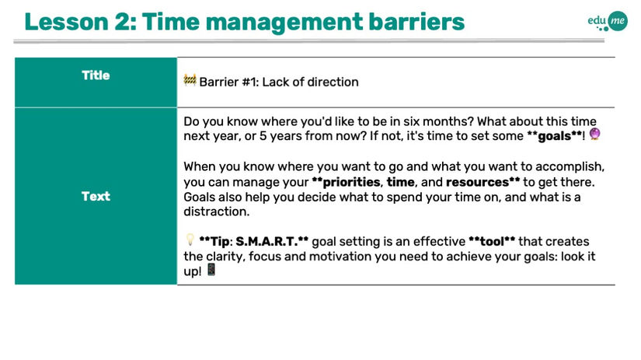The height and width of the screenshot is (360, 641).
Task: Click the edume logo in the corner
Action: click(608, 21)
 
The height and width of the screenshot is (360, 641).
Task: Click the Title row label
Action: click(96, 75)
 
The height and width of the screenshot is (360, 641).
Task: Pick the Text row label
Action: click(96, 197)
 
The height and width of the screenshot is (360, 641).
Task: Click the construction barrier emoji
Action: click(190, 80)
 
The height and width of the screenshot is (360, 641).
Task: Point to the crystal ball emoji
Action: click(595, 134)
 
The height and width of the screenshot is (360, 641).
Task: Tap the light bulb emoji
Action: click(190, 239)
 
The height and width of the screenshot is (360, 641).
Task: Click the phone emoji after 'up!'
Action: click(211, 270)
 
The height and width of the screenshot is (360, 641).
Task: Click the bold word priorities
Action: click(351, 182)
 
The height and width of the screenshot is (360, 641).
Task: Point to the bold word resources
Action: click(477, 182)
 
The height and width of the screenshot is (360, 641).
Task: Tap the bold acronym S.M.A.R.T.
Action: click(267, 241)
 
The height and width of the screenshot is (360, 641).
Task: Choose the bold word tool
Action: click(492, 241)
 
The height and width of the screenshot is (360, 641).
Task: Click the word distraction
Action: click(215, 211)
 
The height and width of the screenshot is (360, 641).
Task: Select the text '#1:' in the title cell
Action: click(250, 82)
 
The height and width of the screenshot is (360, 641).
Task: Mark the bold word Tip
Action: click(220, 242)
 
